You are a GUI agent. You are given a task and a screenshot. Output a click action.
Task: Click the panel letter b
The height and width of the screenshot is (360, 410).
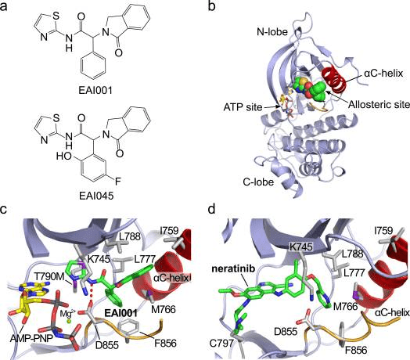[x=212, y=6]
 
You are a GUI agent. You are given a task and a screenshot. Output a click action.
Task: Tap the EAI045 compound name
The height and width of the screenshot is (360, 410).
[x=96, y=196]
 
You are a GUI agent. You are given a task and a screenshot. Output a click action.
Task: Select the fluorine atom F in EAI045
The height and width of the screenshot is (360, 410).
[x=118, y=181]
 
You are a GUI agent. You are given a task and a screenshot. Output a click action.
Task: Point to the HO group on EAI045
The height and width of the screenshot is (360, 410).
[x=64, y=157]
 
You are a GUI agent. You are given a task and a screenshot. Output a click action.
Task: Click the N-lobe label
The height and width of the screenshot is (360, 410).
[x=272, y=32]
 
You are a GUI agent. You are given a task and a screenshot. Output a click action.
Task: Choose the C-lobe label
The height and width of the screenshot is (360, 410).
[x=258, y=182]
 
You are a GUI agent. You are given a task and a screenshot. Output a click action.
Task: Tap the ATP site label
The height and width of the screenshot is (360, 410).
[x=243, y=107]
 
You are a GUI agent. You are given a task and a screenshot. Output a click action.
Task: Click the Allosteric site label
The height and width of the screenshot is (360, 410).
[x=379, y=104]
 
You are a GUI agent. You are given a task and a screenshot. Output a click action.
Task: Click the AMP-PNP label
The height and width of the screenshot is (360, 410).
[x=31, y=339]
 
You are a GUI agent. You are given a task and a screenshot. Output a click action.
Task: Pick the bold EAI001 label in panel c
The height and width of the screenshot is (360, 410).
[x=120, y=313]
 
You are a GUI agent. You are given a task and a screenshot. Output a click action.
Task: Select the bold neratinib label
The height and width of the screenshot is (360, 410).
[x=233, y=268]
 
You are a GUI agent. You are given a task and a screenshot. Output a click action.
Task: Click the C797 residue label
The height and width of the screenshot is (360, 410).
[x=222, y=343]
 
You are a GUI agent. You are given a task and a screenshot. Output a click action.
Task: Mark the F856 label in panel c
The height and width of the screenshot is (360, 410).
[x=165, y=343]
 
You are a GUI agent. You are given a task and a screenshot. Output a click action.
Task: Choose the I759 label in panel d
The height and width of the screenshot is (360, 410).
[x=383, y=231]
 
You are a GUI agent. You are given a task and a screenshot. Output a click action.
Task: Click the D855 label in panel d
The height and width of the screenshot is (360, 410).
[x=286, y=332]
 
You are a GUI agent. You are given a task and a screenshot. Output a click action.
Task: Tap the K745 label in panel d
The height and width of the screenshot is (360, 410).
[x=300, y=247]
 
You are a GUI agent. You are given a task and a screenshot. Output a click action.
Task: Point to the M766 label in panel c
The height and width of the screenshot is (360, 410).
[x=164, y=309]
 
